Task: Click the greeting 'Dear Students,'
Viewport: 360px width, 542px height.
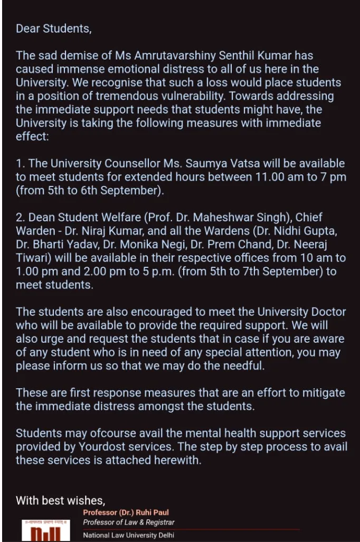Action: click(x=53, y=29)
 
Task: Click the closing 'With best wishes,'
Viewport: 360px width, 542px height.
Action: click(x=61, y=500)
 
